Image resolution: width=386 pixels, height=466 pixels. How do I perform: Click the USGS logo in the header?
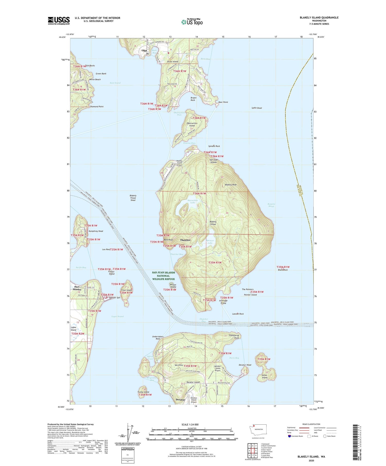(x=59, y=21)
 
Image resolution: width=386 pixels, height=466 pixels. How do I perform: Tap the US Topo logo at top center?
(x=192, y=22)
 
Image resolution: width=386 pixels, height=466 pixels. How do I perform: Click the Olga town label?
(x=144, y=51)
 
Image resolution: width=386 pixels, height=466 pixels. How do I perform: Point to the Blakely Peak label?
(x=231, y=185)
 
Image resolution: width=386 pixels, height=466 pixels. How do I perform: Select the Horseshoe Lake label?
(x=192, y=202)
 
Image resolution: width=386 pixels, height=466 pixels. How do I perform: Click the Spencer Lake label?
(x=210, y=242)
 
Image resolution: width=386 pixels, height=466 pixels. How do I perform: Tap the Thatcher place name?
(x=185, y=240)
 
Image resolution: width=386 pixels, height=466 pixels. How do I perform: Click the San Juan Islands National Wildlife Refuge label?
(x=163, y=276)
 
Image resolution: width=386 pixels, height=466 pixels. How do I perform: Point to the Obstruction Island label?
(x=192, y=124)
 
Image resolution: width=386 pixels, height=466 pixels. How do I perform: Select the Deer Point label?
(x=223, y=102)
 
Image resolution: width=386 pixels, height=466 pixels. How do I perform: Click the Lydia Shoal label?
(x=257, y=108)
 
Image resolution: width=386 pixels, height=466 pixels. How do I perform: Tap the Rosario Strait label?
(x=271, y=205)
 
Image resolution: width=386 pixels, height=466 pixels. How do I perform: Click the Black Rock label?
(x=283, y=270)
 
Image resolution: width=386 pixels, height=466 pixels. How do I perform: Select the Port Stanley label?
(x=77, y=288)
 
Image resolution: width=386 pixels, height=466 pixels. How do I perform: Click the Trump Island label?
(x=143, y=392)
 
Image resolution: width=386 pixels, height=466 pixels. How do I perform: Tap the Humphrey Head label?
(x=95, y=231)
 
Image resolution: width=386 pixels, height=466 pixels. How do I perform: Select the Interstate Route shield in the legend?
(x=289, y=436)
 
